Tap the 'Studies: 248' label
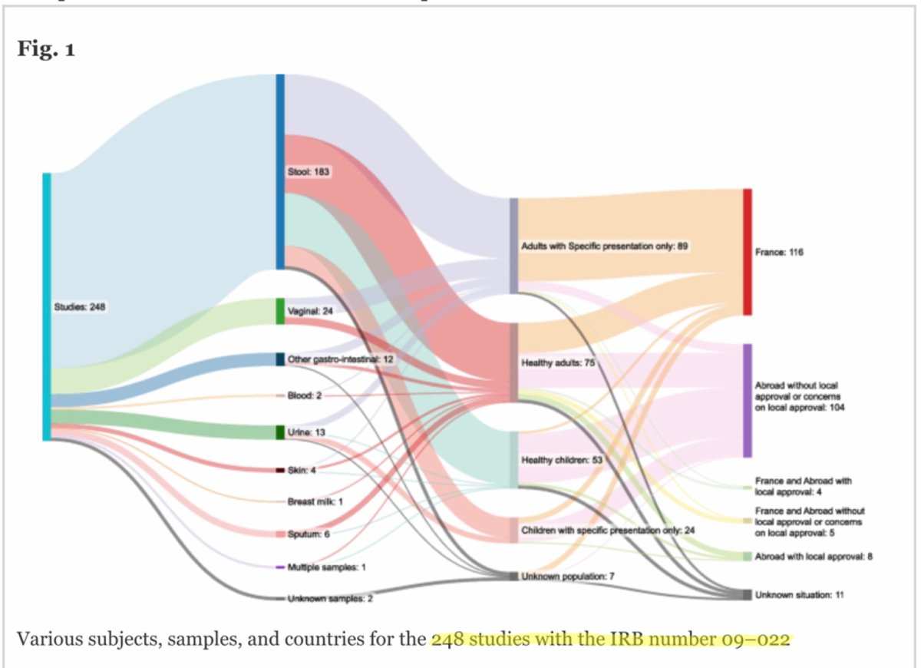click(x=79, y=307)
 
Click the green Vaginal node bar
click(x=280, y=311)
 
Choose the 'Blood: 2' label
click(x=305, y=395)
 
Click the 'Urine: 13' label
click(x=305, y=432)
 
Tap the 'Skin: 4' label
click(x=302, y=469)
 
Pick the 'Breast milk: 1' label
click(x=315, y=501)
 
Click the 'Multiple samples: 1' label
click(x=326, y=567)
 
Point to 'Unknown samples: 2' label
click(x=330, y=598)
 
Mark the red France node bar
click(x=747, y=252)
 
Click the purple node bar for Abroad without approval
click(x=747, y=401)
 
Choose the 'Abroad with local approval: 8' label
click(x=813, y=556)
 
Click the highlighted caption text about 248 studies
click(x=610, y=639)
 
